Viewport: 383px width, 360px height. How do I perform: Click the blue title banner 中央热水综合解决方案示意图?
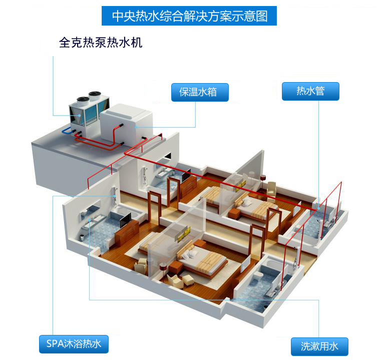pos(189,16)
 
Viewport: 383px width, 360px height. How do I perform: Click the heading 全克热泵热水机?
pos(101,43)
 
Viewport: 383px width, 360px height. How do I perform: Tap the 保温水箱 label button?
pos(200,92)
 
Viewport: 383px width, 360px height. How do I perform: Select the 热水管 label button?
pos(310,91)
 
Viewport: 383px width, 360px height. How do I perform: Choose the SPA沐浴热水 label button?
pos(74,344)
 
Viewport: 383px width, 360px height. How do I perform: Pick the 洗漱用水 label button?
pos(319,346)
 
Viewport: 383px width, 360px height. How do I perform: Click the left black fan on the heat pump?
pos(83,100)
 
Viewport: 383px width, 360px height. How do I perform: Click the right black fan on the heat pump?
pos(95,94)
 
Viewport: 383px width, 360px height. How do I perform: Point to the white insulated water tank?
pos(127,125)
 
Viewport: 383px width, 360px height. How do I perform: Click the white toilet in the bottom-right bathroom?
pos(257,277)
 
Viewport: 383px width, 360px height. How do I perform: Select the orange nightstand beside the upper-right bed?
pos(234,213)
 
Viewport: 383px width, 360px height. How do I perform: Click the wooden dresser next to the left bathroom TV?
pos(127,230)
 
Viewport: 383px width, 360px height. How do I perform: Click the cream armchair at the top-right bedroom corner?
pos(271,188)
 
